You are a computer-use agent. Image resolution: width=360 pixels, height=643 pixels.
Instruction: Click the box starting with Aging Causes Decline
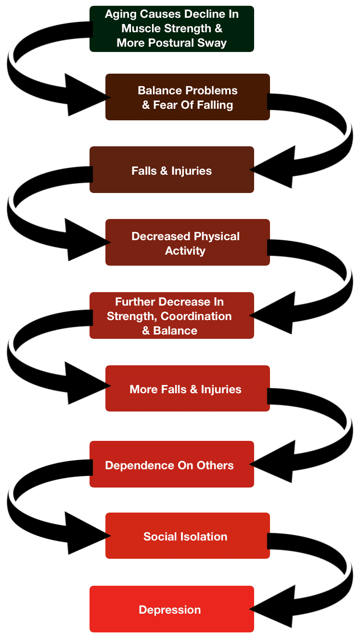[171, 28]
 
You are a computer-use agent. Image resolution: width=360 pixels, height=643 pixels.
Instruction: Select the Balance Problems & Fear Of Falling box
[187, 97]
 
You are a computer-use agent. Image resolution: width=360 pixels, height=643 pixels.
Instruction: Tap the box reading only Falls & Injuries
[171, 170]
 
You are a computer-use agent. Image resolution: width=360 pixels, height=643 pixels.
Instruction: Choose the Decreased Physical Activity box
[187, 243]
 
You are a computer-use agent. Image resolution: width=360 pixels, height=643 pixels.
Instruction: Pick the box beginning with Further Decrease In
[171, 316]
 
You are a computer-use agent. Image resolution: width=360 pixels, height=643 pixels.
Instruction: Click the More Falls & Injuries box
[187, 389]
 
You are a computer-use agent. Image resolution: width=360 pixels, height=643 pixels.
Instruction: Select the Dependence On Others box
[171, 465]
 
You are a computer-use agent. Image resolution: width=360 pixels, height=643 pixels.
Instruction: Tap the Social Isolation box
[187, 536]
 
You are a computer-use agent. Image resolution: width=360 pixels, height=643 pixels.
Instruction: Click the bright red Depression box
[171, 609]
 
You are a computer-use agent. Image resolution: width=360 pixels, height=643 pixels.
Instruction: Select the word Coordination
[196, 316]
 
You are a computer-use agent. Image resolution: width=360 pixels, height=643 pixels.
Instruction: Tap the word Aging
[120, 14]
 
